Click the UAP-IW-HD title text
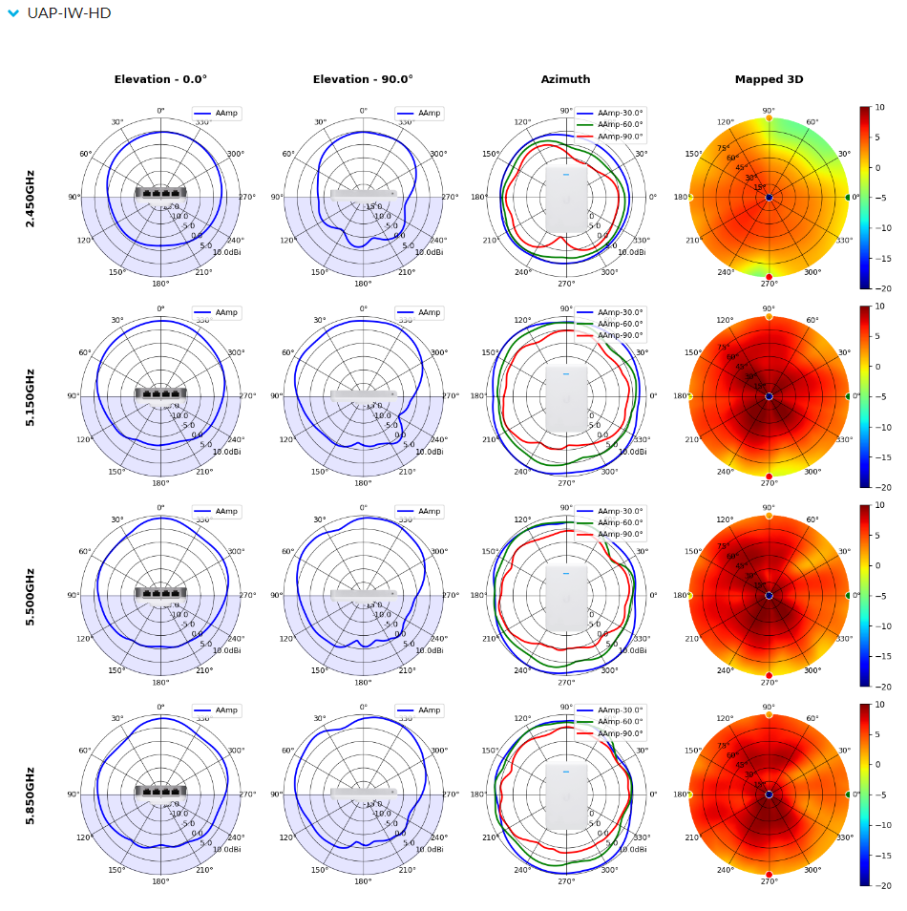click(x=69, y=13)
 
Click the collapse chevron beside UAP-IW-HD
click(x=13, y=13)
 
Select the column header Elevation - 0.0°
click(x=160, y=80)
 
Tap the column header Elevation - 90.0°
click(x=363, y=80)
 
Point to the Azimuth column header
click(x=565, y=80)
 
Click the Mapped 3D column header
click(x=769, y=80)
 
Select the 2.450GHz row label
click(x=31, y=198)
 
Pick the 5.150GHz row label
click(x=31, y=396)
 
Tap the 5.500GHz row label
click(x=31, y=596)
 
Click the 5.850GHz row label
click(x=31, y=794)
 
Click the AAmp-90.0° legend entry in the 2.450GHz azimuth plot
click(x=610, y=137)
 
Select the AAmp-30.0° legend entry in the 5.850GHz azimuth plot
click(x=610, y=710)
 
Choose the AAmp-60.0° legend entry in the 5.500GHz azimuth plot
click(x=610, y=523)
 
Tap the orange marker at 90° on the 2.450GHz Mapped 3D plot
click(x=769, y=117)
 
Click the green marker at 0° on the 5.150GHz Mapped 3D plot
click(x=848, y=396)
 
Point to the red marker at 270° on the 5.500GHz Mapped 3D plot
click(x=769, y=675)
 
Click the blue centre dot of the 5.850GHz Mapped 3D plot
click(x=769, y=794)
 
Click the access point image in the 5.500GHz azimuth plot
click(x=566, y=599)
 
